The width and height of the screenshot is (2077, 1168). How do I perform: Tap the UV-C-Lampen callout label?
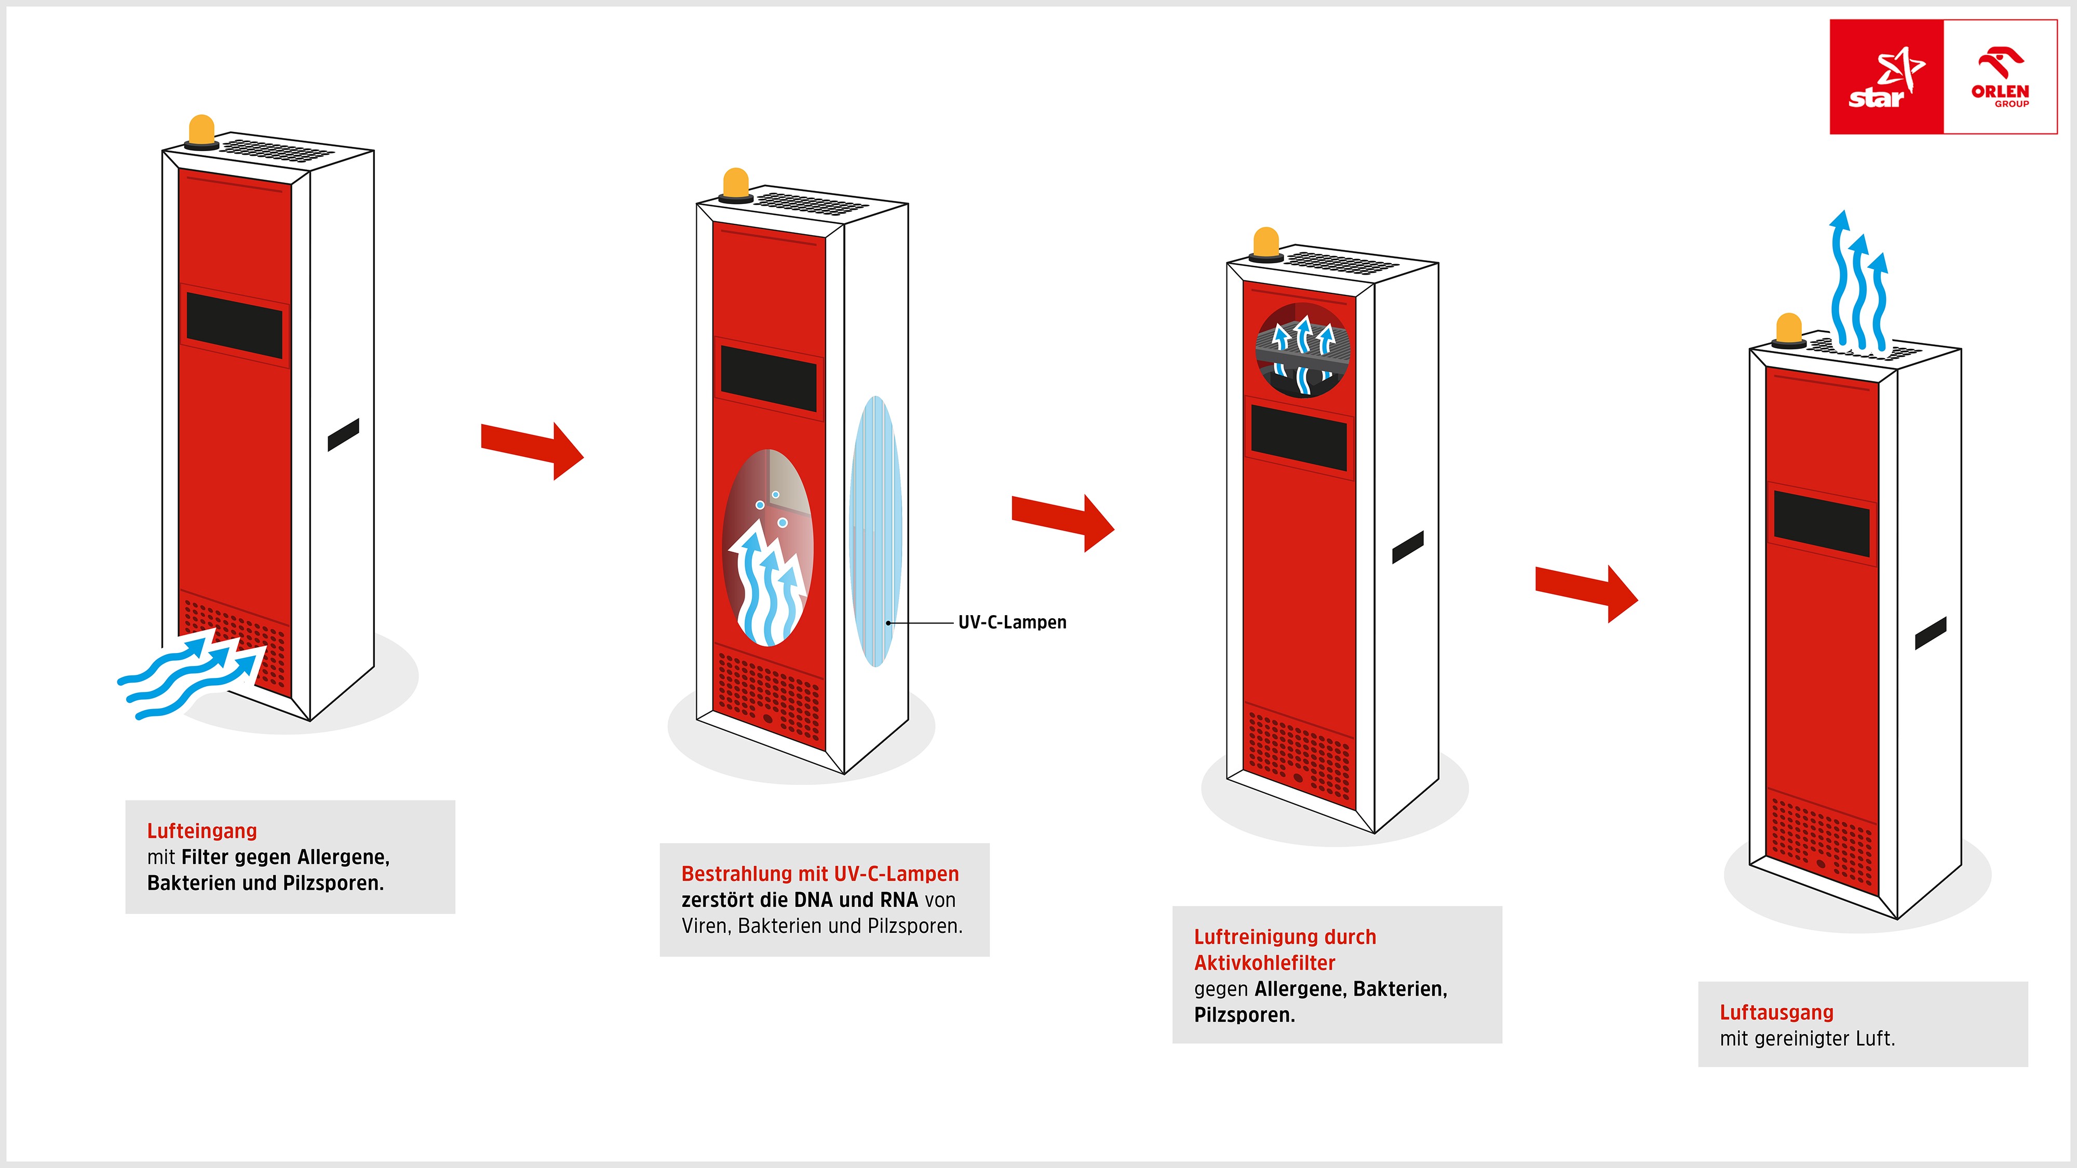(x=1012, y=622)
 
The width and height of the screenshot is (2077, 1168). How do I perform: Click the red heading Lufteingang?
(x=201, y=831)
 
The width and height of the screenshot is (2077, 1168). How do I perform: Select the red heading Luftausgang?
(x=1776, y=1012)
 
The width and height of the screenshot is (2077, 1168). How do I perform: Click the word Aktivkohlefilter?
(x=1264, y=963)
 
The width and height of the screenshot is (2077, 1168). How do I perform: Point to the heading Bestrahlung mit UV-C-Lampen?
(x=820, y=874)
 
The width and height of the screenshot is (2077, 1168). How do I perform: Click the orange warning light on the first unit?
(x=201, y=131)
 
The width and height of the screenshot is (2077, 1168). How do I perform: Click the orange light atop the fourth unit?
(x=1789, y=330)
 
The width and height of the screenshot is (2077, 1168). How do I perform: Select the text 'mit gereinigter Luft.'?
(x=1807, y=1039)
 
